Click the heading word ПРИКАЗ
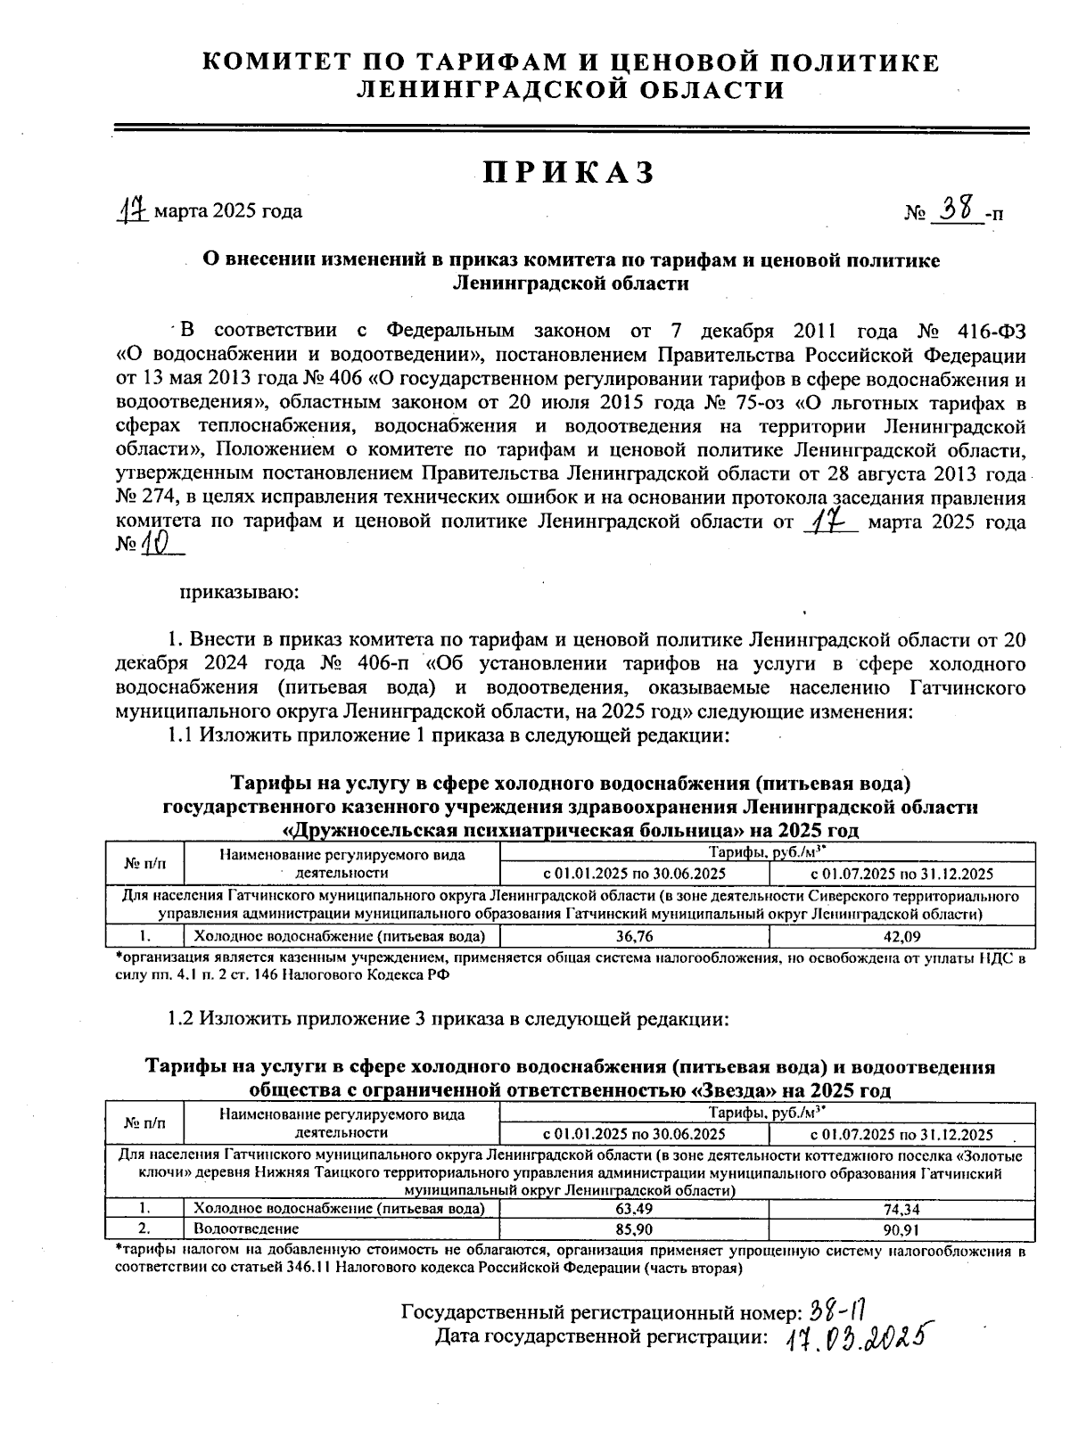[569, 172]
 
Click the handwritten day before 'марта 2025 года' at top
[135, 210]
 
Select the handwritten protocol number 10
[159, 543]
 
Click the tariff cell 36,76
[634, 936]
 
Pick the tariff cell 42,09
[901, 936]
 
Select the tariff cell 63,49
[634, 1209]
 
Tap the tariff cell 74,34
[901, 1209]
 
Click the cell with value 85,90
[634, 1229]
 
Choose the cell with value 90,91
[901, 1229]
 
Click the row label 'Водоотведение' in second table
[235, 1229]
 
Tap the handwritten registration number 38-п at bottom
[838, 1310]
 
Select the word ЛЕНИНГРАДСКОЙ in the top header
[470, 90]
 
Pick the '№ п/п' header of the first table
[144, 863]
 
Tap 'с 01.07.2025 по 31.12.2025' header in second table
[901, 1134]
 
